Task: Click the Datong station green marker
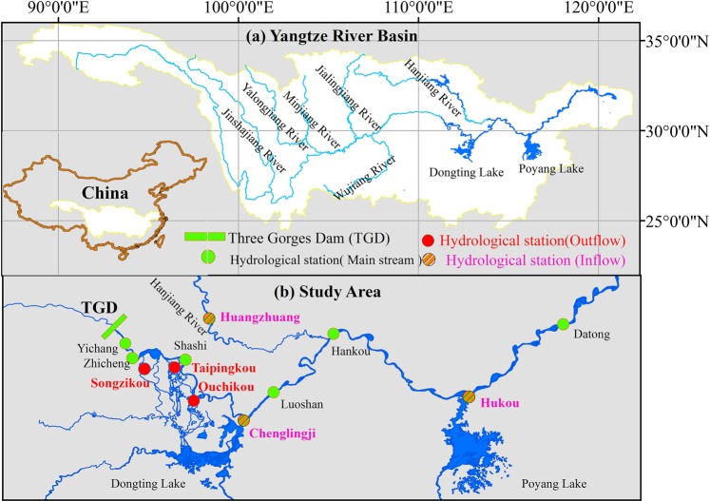(x=564, y=324)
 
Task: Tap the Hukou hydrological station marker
(x=469, y=397)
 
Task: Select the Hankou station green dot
(x=334, y=334)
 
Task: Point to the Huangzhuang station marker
(x=209, y=318)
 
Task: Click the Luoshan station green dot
(x=275, y=392)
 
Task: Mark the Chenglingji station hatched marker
(x=243, y=420)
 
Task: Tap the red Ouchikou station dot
(x=194, y=400)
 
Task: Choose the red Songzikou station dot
(x=144, y=369)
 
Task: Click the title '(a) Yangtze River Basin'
(x=325, y=37)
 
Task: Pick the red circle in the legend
(x=428, y=238)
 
